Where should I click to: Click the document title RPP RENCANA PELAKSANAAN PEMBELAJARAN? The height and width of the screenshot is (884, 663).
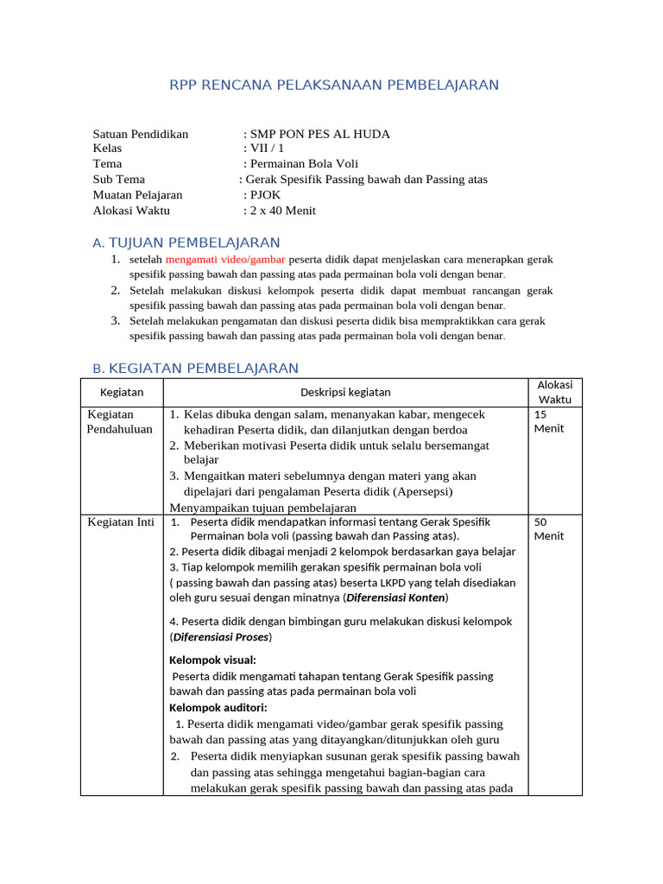(333, 85)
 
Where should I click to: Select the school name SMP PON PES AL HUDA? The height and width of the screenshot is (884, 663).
(319, 134)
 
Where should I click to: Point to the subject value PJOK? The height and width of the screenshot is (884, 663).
(265, 194)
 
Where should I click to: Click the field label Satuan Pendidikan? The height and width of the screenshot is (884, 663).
(140, 134)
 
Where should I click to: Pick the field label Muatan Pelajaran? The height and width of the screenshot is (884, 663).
(137, 194)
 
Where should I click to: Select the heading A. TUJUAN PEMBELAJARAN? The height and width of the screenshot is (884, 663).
(186, 243)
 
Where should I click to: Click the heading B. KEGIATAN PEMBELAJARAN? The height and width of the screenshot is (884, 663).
(196, 369)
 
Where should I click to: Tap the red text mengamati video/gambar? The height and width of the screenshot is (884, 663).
(226, 259)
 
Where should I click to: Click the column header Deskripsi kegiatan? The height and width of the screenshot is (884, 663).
(345, 392)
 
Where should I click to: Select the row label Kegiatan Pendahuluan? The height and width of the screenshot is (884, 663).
(120, 421)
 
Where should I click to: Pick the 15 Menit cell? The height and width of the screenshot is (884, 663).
(549, 421)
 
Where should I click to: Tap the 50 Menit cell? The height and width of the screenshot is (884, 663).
(549, 528)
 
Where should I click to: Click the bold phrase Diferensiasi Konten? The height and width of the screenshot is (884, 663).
(395, 597)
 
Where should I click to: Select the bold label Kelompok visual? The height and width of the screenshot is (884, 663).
(212, 660)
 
